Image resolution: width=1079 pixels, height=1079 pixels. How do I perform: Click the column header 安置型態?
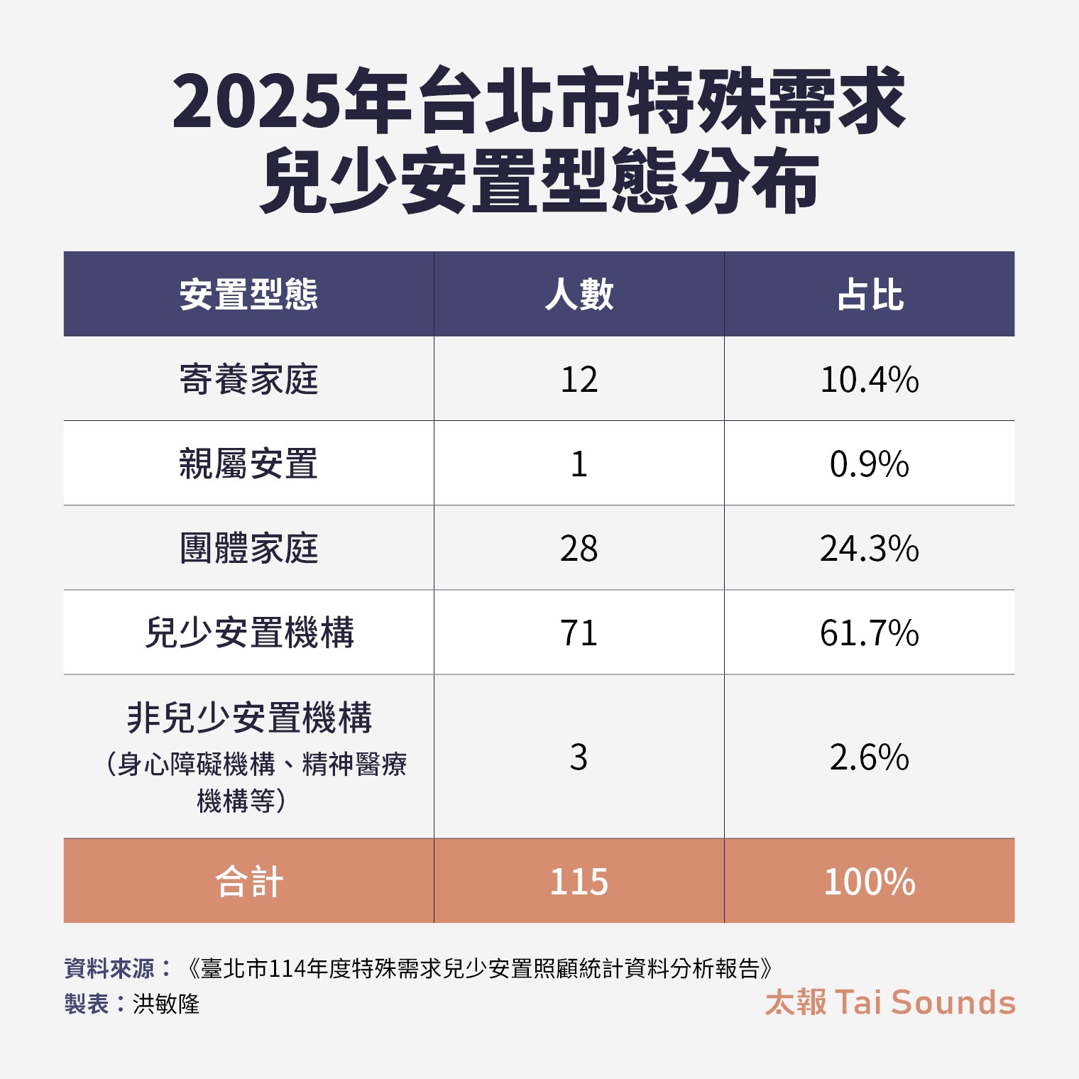(x=248, y=295)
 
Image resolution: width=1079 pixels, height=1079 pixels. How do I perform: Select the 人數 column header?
(x=579, y=295)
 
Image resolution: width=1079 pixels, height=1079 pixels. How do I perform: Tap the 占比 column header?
(x=870, y=295)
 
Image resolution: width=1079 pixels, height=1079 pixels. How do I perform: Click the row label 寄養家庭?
(x=248, y=379)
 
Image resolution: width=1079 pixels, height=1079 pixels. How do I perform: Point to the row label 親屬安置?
(x=248, y=464)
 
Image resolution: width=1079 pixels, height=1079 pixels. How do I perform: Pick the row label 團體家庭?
(x=248, y=548)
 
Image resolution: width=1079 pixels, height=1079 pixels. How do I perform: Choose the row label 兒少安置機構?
(x=249, y=632)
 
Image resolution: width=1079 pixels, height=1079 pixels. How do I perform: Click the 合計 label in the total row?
(x=249, y=882)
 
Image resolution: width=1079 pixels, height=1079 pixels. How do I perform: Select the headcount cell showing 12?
(x=579, y=380)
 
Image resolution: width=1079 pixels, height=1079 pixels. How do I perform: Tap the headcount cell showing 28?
(x=579, y=549)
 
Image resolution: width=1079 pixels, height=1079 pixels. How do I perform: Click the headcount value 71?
(x=579, y=633)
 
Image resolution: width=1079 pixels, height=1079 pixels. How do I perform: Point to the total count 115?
(x=579, y=882)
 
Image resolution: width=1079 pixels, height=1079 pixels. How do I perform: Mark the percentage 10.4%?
(x=870, y=380)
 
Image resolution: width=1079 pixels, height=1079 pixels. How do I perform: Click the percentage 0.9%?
(x=870, y=464)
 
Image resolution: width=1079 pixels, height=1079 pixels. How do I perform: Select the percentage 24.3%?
(x=870, y=549)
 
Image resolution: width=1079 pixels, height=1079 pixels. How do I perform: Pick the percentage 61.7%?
(x=870, y=633)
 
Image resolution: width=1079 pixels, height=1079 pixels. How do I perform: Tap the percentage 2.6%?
(x=870, y=757)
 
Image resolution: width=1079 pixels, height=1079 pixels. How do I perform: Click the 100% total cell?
(x=870, y=882)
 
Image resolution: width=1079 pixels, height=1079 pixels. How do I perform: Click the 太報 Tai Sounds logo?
(x=890, y=1002)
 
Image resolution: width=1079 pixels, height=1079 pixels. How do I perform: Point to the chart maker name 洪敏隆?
(x=166, y=1004)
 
